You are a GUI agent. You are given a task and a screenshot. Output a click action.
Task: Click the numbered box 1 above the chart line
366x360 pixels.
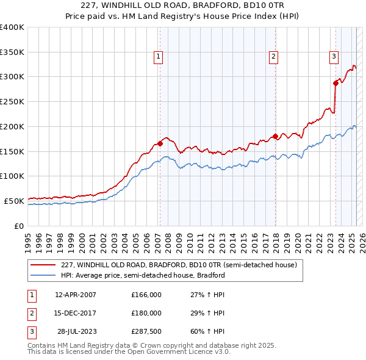pos(158,57)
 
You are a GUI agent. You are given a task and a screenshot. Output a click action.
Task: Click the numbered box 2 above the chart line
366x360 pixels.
pos(274,57)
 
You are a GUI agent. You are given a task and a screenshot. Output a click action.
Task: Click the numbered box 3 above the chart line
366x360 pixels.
pos(334,57)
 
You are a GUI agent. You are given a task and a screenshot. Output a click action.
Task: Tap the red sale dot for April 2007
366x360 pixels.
pos(160,143)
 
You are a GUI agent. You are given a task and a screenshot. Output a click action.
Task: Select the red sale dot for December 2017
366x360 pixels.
pos(275,136)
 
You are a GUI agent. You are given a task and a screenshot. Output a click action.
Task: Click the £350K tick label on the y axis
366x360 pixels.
pos(12,52)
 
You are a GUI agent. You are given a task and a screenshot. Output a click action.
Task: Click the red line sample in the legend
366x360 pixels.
pos(43,265)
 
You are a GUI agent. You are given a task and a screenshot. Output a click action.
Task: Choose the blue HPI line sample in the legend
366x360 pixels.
pos(43,275)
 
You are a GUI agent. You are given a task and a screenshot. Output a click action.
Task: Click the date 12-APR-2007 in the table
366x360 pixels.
pos(76,295)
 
